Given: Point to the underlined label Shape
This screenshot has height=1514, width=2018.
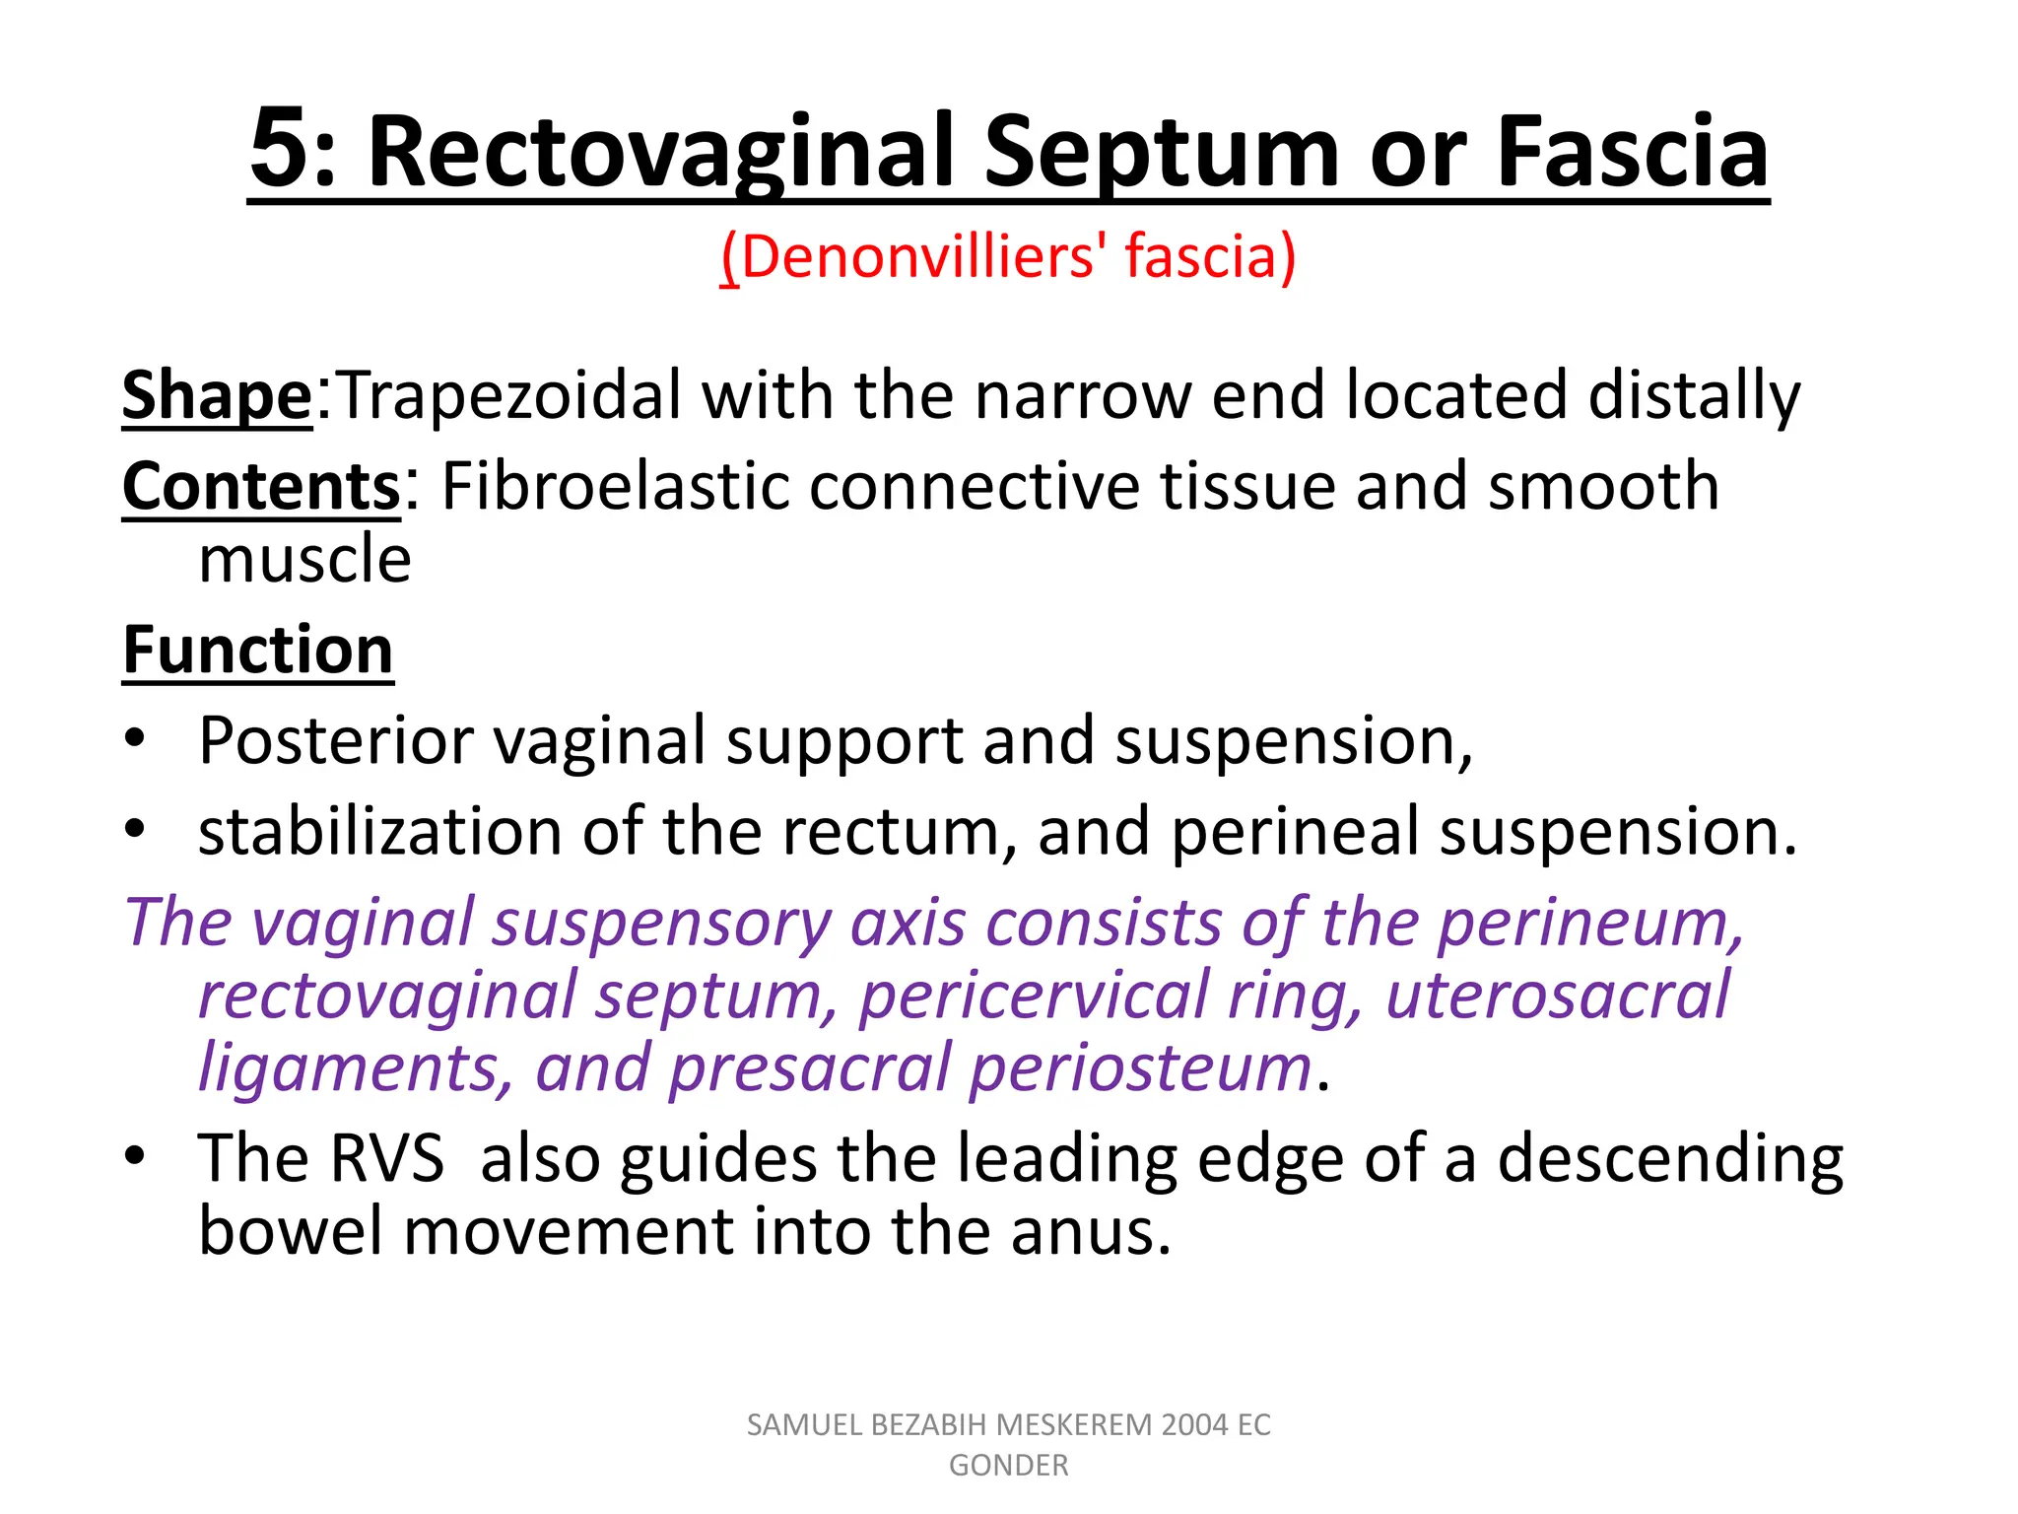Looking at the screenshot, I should click(217, 396).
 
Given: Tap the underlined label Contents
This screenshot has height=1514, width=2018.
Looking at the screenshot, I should click(261, 487).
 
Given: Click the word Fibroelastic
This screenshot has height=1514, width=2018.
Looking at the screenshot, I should click(615, 487).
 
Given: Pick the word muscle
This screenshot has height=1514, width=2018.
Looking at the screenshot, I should click(304, 560).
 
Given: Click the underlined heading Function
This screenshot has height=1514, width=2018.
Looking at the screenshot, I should click(258, 651).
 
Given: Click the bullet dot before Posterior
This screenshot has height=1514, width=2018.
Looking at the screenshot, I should click(135, 739).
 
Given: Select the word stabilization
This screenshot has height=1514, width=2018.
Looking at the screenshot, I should click(379, 832).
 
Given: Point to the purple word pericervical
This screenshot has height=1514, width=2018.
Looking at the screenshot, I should click(1033, 996).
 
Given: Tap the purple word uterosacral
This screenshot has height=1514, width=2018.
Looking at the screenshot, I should click(1557, 996).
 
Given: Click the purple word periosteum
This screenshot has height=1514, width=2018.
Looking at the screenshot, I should click(1140, 1068).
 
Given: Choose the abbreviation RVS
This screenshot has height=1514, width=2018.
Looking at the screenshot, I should click(387, 1158).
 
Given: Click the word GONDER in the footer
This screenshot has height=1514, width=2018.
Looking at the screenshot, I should click(1008, 1466).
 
